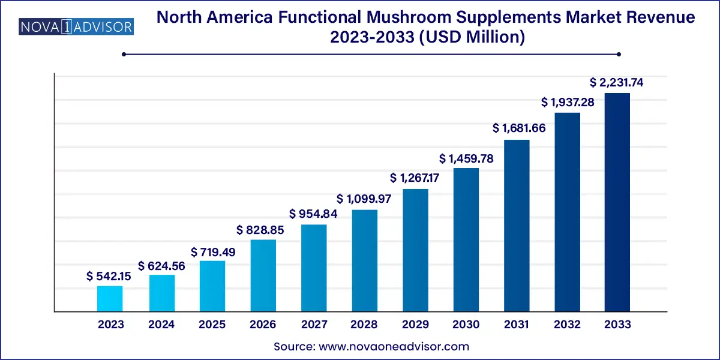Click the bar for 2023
tap(110, 299)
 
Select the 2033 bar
tap(617, 202)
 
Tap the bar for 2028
tap(364, 260)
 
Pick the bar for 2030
tap(466, 240)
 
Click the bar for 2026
tap(263, 275)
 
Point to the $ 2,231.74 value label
tap(617, 83)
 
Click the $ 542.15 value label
tap(110, 276)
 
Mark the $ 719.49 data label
tap(213, 252)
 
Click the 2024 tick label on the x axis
tap(161, 325)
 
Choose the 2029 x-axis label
tap(415, 325)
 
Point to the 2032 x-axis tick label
tap(567, 325)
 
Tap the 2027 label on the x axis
tap(314, 325)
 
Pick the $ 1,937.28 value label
tap(567, 103)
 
